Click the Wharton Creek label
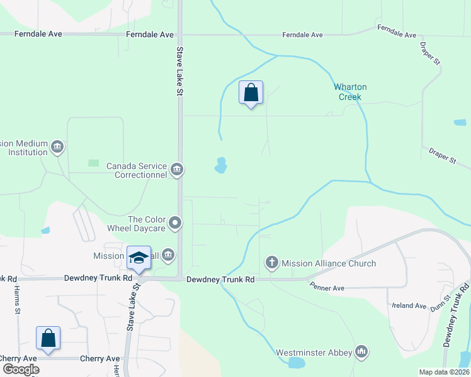pos(350,92)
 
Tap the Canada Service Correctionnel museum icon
pos(177,169)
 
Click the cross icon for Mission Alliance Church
pos(272,263)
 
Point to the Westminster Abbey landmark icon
pos(361,351)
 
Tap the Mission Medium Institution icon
pos(57,147)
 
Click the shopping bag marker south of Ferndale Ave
pos(251,93)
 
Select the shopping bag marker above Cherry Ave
pos(48,338)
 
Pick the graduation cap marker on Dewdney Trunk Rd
pos(139,258)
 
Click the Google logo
pos(21,369)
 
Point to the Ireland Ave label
pos(409,305)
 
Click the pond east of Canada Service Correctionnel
pos(220,165)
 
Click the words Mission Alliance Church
pos(329,263)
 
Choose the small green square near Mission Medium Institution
pos(93,163)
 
